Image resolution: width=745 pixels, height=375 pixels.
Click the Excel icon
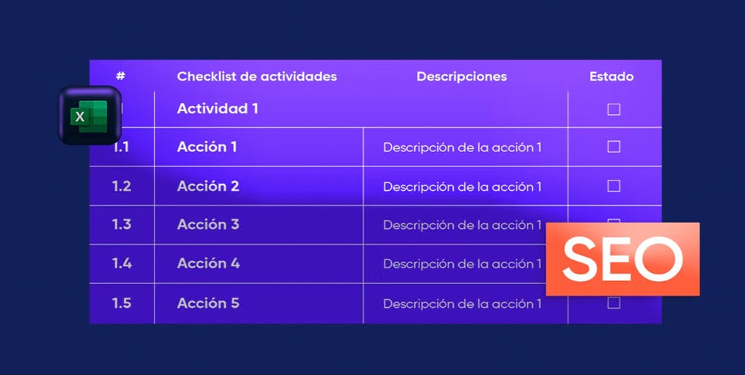(x=90, y=116)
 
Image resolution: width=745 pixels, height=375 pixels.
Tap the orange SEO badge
(x=622, y=259)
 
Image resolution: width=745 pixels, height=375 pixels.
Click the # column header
(x=121, y=76)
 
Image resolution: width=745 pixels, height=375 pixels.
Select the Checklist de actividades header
(x=257, y=77)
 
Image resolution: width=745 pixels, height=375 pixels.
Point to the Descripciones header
(x=462, y=77)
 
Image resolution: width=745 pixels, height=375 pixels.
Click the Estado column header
(x=612, y=77)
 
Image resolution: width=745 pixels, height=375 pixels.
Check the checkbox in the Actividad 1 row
(x=614, y=110)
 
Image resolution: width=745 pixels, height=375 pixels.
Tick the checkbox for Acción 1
(x=614, y=146)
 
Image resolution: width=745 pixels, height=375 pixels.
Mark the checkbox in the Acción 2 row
(x=614, y=186)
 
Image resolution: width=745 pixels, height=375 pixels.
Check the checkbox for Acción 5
(x=614, y=303)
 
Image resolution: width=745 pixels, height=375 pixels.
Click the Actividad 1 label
(x=218, y=109)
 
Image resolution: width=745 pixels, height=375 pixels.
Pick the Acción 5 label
(x=208, y=303)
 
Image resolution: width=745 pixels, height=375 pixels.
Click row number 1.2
(x=121, y=186)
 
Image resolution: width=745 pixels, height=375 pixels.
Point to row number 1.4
(x=121, y=263)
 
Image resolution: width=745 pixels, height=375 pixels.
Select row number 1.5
(x=121, y=303)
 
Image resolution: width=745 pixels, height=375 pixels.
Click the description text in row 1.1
(x=463, y=148)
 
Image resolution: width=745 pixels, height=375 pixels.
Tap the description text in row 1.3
(x=463, y=225)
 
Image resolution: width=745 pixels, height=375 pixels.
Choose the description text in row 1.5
(x=463, y=303)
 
